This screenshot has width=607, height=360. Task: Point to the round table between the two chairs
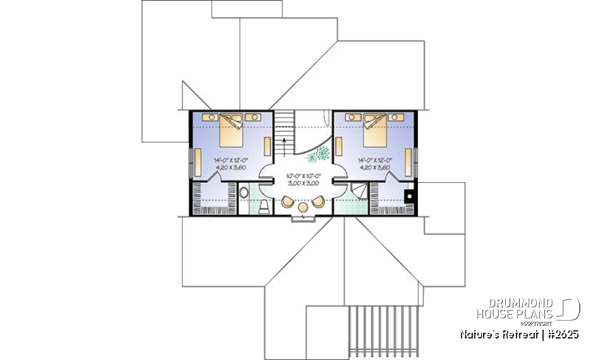point(303,207)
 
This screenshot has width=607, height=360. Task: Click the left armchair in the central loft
point(288,202)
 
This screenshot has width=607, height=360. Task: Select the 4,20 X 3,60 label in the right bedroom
point(373,168)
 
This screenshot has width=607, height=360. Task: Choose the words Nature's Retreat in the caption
point(498,335)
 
